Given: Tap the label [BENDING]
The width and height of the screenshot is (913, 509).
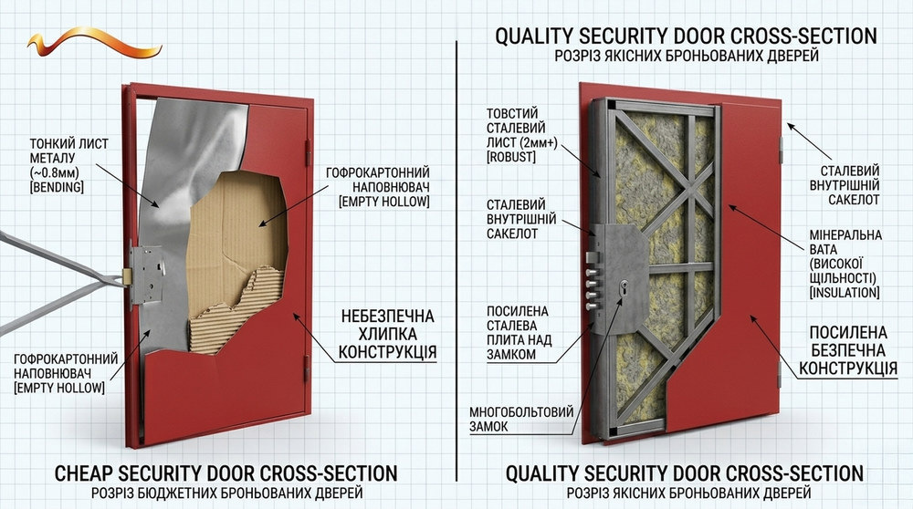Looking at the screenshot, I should [57, 186].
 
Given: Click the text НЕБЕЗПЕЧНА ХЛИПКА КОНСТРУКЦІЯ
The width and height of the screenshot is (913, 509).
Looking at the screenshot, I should [387, 334].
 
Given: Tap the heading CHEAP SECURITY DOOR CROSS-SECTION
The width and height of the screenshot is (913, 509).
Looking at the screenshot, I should [226, 473].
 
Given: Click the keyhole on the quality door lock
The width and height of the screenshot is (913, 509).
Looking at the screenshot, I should [625, 291].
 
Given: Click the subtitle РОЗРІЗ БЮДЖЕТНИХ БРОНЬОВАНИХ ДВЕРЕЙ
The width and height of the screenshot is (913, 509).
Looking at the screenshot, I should [226, 493].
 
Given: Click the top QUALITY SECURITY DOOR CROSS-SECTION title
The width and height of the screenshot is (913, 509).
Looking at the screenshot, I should [686, 36].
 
